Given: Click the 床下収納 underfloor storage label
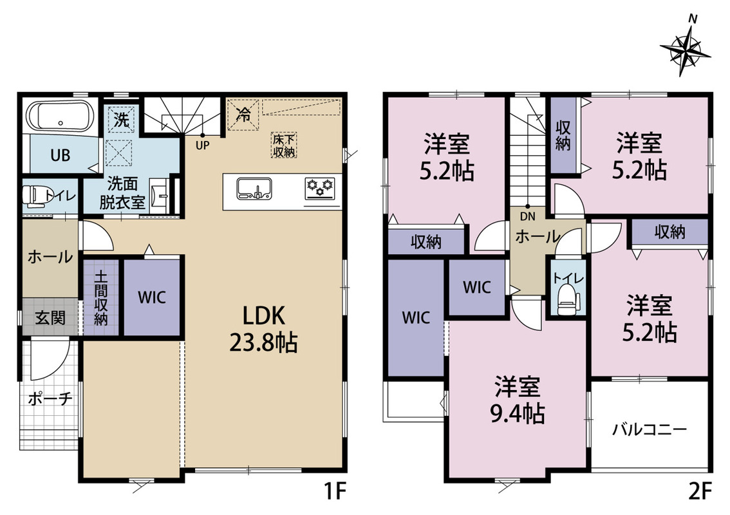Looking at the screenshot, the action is (x=284, y=145).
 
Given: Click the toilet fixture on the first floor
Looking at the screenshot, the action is (x=35, y=196).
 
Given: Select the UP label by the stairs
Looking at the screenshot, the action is (x=203, y=145).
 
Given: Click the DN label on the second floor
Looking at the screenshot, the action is (x=528, y=216).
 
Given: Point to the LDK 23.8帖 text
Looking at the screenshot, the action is (x=263, y=330).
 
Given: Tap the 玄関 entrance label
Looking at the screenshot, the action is (x=50, y=318).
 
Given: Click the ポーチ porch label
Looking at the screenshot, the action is (x=50, y=398).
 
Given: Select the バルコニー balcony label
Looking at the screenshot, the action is (x=649, y=429).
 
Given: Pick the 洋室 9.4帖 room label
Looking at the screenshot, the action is (x=517, y=400).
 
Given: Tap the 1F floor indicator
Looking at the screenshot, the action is (x=335, y=491).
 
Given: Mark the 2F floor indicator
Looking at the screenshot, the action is (x=700, y=491).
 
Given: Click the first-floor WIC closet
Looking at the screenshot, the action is (x=152, y=297).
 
